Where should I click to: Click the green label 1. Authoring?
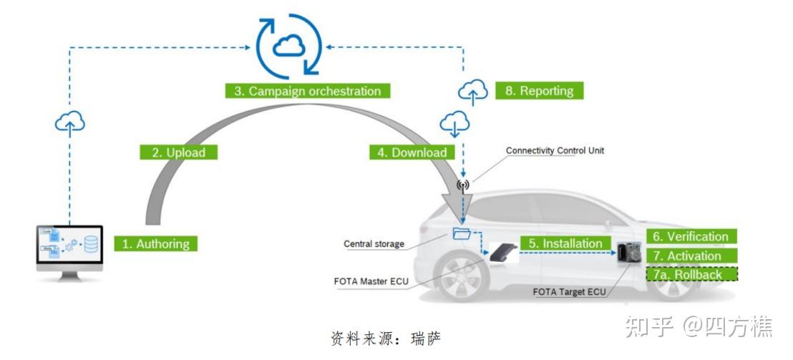pyautogui.click(x=155, y=243)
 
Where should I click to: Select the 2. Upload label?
pyautogui.click(x=177, y=152)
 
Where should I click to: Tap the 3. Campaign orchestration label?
pyautogui.click(x=307, y=91)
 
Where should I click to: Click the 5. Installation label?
pyautogui.click(x=565, y=243)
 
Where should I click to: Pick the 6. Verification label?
pyautogui.click(x=691, y=237)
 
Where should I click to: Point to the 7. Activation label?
pyautogui.click(x=691, y=256)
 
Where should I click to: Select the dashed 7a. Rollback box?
pyautogui.click(x=691, y=274)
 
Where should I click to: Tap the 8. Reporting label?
pyautogui.click(x=540, y=91)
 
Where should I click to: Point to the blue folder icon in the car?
pyautogui.click(x=462, y=233)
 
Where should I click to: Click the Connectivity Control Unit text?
pyautogui.click(x=555, y=151)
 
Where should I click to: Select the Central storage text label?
pyautogui.click(x=374, y=244)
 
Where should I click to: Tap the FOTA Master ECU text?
pyautogui.click(x=371, y=281)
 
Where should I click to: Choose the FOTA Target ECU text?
pyautogui.click(x=569, y=292)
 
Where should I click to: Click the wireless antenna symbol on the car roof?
pyautogui.click(x=462, y=185)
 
